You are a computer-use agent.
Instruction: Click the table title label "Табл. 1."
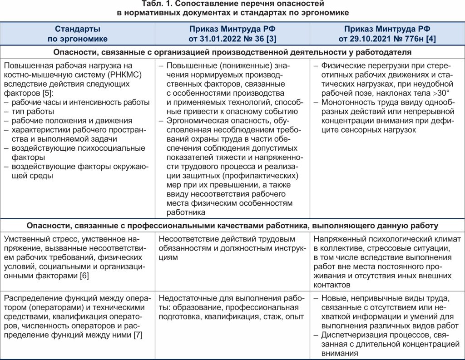pos(158,4)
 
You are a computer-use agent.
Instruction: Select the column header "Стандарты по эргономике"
pos(78,34)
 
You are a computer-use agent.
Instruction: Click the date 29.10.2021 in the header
pos(372,39)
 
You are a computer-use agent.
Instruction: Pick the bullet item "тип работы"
pos(30,111)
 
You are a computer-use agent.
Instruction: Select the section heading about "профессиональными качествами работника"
pos(232,225)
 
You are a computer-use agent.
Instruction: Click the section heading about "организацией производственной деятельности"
pos(232,52)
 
